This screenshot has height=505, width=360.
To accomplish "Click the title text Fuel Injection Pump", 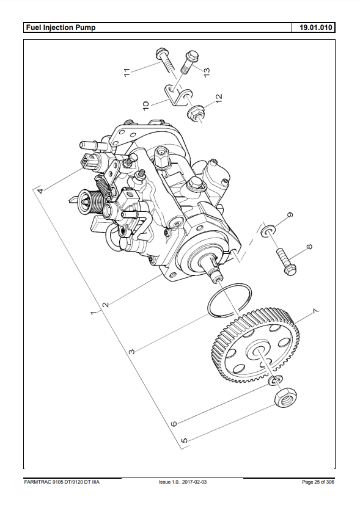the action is click(61, 27).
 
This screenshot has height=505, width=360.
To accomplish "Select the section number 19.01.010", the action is click(315, 27).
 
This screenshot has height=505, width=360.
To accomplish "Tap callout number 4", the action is click(40, 191).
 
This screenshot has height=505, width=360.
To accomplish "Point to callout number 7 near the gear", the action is click(315, 311).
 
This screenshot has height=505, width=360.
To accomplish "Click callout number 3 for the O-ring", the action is click(132, 351).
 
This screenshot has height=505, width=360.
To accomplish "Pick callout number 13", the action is click(207, 71).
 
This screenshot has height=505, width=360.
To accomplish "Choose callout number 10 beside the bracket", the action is click(145, 106).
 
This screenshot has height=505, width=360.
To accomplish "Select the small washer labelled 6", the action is click(276, 380).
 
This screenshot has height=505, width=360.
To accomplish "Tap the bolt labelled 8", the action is click(286, 261).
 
